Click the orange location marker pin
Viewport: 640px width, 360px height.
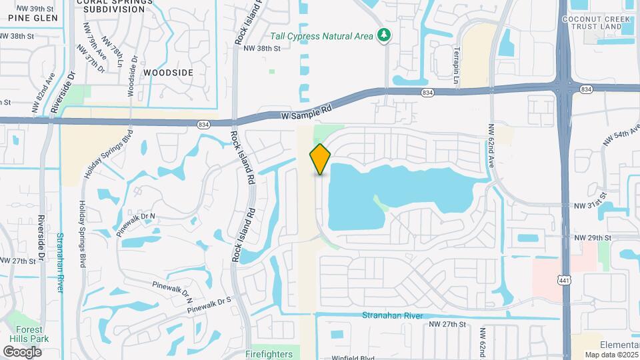[320, 159]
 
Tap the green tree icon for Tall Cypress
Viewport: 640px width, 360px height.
[383, 35]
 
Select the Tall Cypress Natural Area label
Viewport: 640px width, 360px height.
[322, 36]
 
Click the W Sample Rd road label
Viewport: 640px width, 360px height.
[306, 114]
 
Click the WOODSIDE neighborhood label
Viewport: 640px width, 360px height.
[168, 73]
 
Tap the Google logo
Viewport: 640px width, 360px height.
[22, 351]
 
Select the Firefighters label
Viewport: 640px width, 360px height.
[269, 353]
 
